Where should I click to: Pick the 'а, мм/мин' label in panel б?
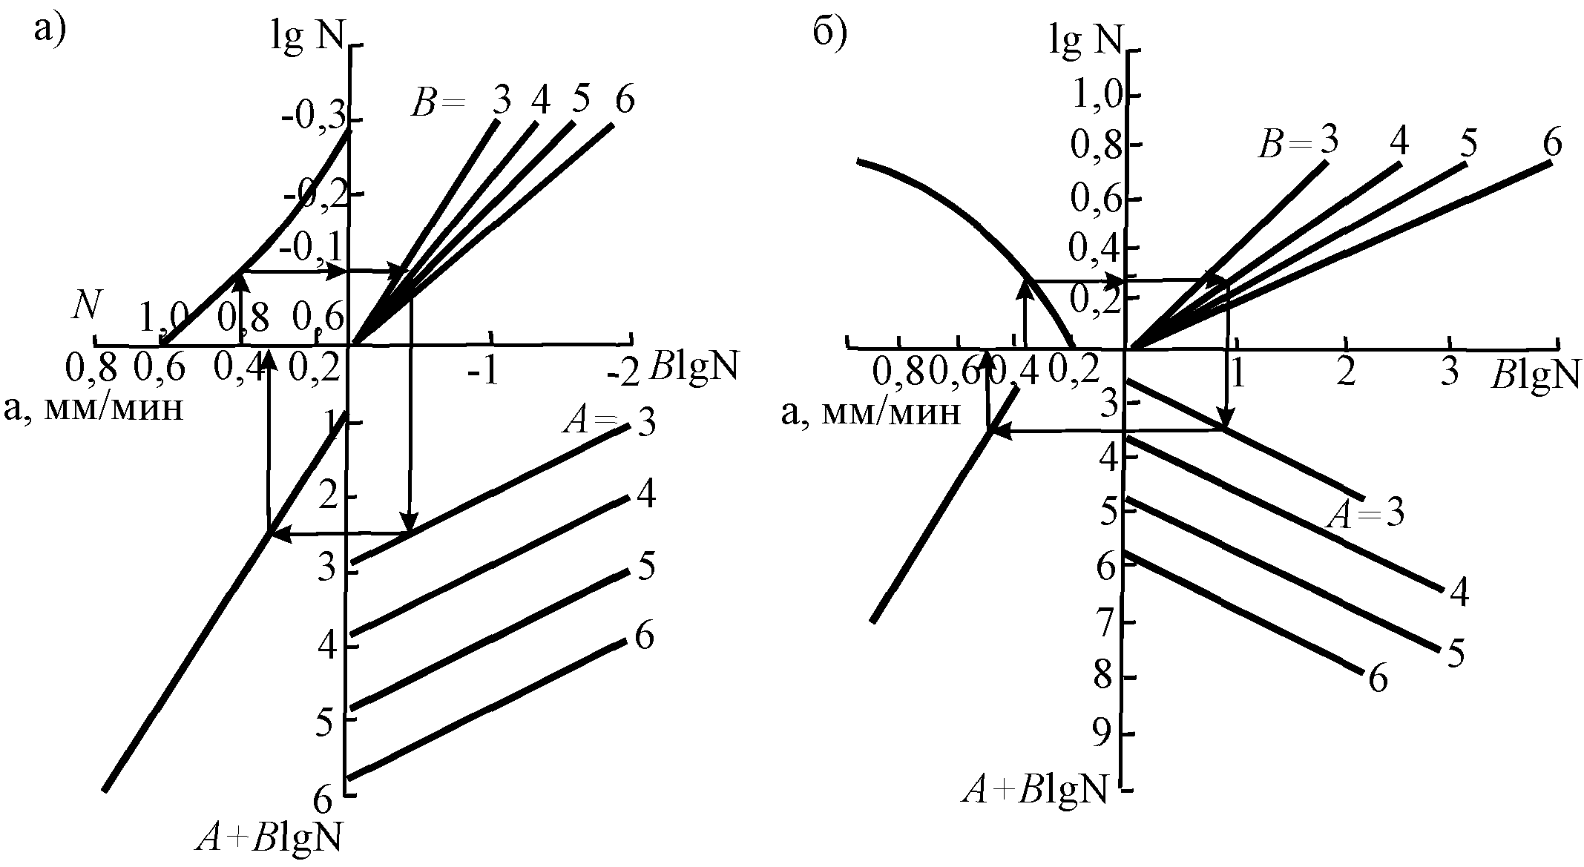pyautogui.click(x=871, y=411)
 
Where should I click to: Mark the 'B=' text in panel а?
pyautogui.click(x=437, y=105)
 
